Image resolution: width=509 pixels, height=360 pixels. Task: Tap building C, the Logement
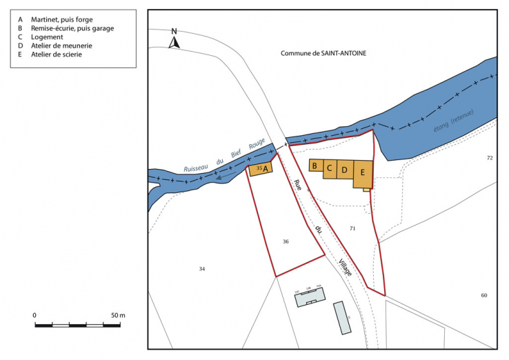pyautogui.click(x=330, y=168)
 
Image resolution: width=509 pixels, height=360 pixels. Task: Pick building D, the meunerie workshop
pyautogui.click(x=346, y=170)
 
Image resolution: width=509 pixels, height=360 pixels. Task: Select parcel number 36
pyautogui.click(x=286, y=241)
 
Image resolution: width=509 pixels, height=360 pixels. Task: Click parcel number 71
pyautogui.click(x=352, y=228)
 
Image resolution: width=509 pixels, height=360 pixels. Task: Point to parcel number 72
pyautogui.click(x=490, y=158)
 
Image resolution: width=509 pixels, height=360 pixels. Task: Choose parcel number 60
pyautogui.click(x=484, y=295)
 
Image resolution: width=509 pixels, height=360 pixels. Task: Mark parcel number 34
pyautogui.click(x=202, y=268)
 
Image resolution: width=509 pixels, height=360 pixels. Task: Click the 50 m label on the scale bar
pyautogui.click(x=117, y=315)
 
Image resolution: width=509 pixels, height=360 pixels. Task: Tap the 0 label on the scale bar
pyautogui.click(x=34, y=315)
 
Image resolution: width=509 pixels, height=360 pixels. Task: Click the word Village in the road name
pyautogui.click(x=345, y=267)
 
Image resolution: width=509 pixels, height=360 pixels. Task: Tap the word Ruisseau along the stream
pyautogui.click(x=198, y=166)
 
